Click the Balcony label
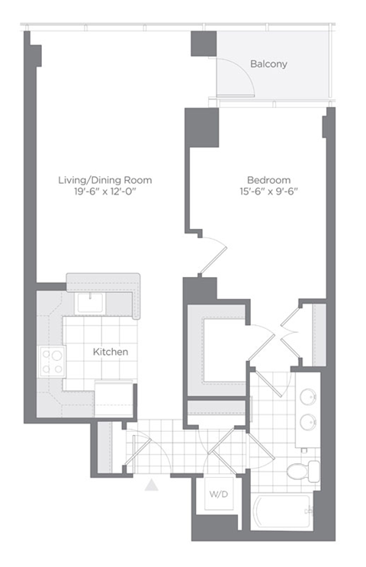[268, 64]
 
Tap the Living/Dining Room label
[105, 180]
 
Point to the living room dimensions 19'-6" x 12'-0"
[104, 192]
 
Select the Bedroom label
[269, 180]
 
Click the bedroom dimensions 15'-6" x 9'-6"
[269, 192]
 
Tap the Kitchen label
[111, 352]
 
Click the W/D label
[219, 494]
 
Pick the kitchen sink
[90, 303]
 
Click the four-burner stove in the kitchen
[53, 362]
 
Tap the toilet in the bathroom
[303, 471]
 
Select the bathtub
[281, 511]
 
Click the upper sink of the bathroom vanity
[309, 396]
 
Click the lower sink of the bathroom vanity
[309, 421]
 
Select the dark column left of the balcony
[204, 43]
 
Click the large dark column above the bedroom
[201, 127]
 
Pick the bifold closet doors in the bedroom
[290, 333]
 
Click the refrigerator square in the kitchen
[114, 398]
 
